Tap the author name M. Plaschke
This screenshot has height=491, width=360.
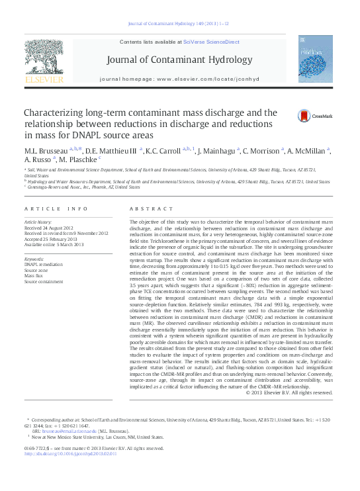[x=77, y=160]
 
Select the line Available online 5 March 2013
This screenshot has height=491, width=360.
[x=54, y=244]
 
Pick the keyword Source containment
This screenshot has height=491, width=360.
[x=43, y=281]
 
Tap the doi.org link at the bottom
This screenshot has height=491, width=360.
[x=70, y=453]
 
